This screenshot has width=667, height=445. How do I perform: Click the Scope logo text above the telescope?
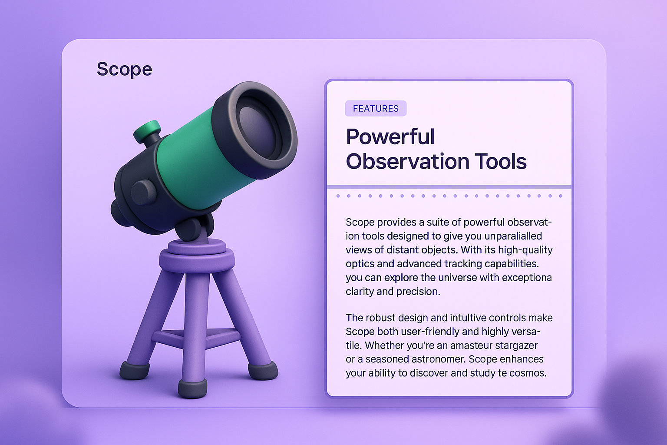pos(124,70)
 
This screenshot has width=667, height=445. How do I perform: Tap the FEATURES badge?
pos(376,109)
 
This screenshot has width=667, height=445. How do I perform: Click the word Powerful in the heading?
pos(390,137)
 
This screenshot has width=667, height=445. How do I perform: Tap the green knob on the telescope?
pos(147,130)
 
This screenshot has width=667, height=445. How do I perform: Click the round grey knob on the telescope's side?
pos(143,192)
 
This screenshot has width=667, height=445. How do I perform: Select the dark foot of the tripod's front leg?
pos(192,388)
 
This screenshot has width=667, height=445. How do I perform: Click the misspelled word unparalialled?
pos(513,236)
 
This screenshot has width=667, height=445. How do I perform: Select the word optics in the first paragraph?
pos(360,264)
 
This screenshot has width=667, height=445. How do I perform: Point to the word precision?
pos(418,292)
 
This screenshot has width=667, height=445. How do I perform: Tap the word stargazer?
pos(515,345)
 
